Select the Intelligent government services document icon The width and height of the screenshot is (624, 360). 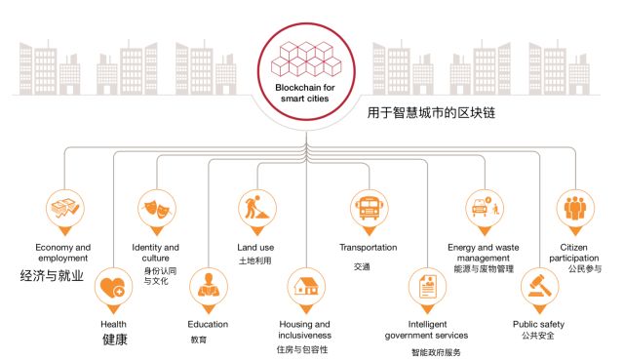click(427, 287)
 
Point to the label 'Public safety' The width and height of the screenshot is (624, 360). click(538, 323)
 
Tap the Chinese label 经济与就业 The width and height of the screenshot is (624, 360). click(52, 276)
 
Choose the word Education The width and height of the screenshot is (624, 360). click(208, 323)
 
